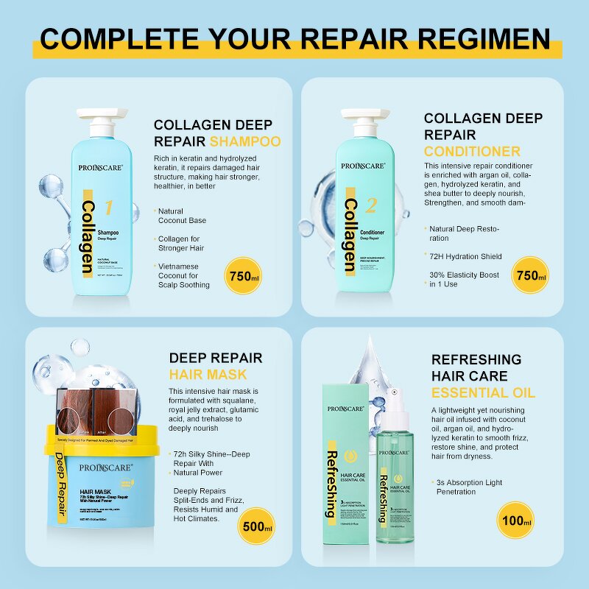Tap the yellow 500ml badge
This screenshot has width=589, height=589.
pos(256,527)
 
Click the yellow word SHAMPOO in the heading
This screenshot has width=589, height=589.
pos(245,141)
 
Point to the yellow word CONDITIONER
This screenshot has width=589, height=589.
pos(472,152)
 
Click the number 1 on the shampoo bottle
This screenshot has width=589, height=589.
pos(108,208)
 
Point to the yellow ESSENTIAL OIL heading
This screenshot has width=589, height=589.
pos(483,392)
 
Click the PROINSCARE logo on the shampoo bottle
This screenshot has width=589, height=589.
pos(104,168)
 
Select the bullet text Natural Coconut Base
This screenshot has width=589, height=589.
pos(182,216)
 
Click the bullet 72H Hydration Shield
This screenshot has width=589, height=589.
pos(465,256)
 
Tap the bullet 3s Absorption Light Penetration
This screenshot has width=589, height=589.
pos(468,487)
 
